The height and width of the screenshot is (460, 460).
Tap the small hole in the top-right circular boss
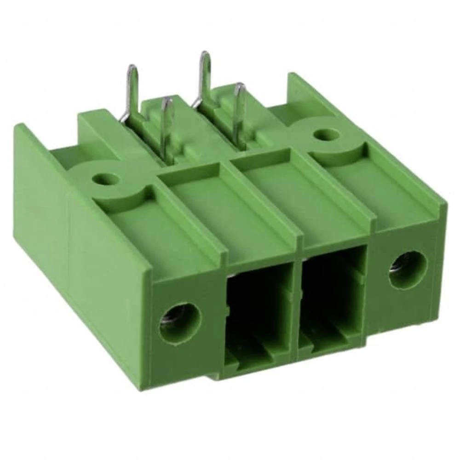click(x=328, y=135)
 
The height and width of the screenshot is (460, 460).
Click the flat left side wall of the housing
click(x=83, y=258)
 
